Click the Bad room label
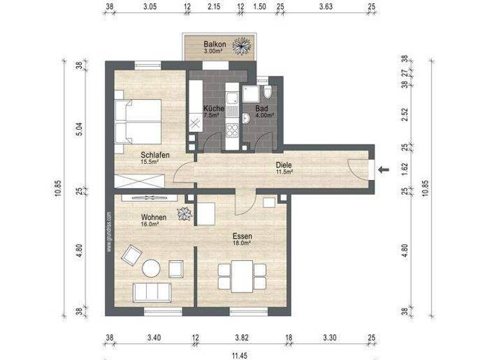click(262, 109)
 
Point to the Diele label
click(284, 164)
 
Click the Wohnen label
click(154, 218)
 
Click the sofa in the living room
click(152, 292)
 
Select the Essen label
click(242, 237)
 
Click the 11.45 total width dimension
click(239, 355)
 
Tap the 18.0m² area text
click(242, 244)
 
